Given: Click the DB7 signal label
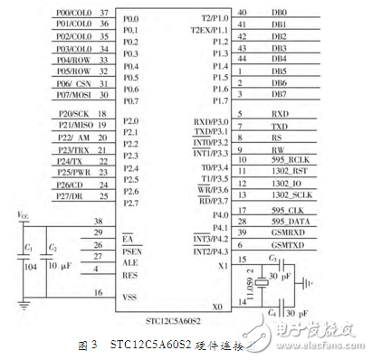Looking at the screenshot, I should click(279, 94).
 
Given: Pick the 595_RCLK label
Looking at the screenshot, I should click(286, 160).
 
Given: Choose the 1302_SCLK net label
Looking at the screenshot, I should click(289, 194).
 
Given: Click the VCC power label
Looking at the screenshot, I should click(23, 213).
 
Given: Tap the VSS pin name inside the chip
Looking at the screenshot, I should click(133, 295).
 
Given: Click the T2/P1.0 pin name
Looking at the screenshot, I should click(215, 18).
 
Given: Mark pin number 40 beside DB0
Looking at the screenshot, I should click(243, 13).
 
